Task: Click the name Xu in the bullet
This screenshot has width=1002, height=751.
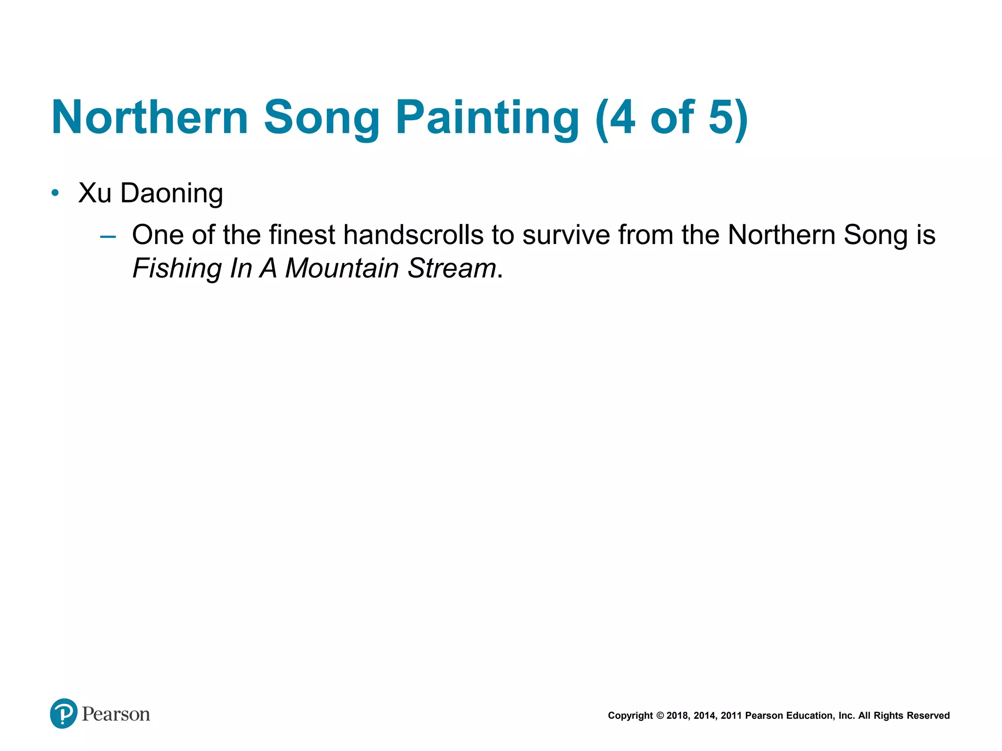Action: click(x=95, y=193)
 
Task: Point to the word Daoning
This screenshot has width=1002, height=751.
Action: click(x=172, y=194)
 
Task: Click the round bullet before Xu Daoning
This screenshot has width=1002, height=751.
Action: click(x=55, y=193)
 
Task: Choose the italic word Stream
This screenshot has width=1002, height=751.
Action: click(x=452, y=268)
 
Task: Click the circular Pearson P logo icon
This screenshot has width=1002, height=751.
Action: click(x=64, y=713)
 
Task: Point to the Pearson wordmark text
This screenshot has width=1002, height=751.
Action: click(x=116, y=714)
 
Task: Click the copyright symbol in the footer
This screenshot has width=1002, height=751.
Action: click(x=660, y=716)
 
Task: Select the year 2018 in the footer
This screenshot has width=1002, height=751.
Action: click(x=678, y=716)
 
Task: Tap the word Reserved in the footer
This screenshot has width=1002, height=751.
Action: click(x=928, y=716)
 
